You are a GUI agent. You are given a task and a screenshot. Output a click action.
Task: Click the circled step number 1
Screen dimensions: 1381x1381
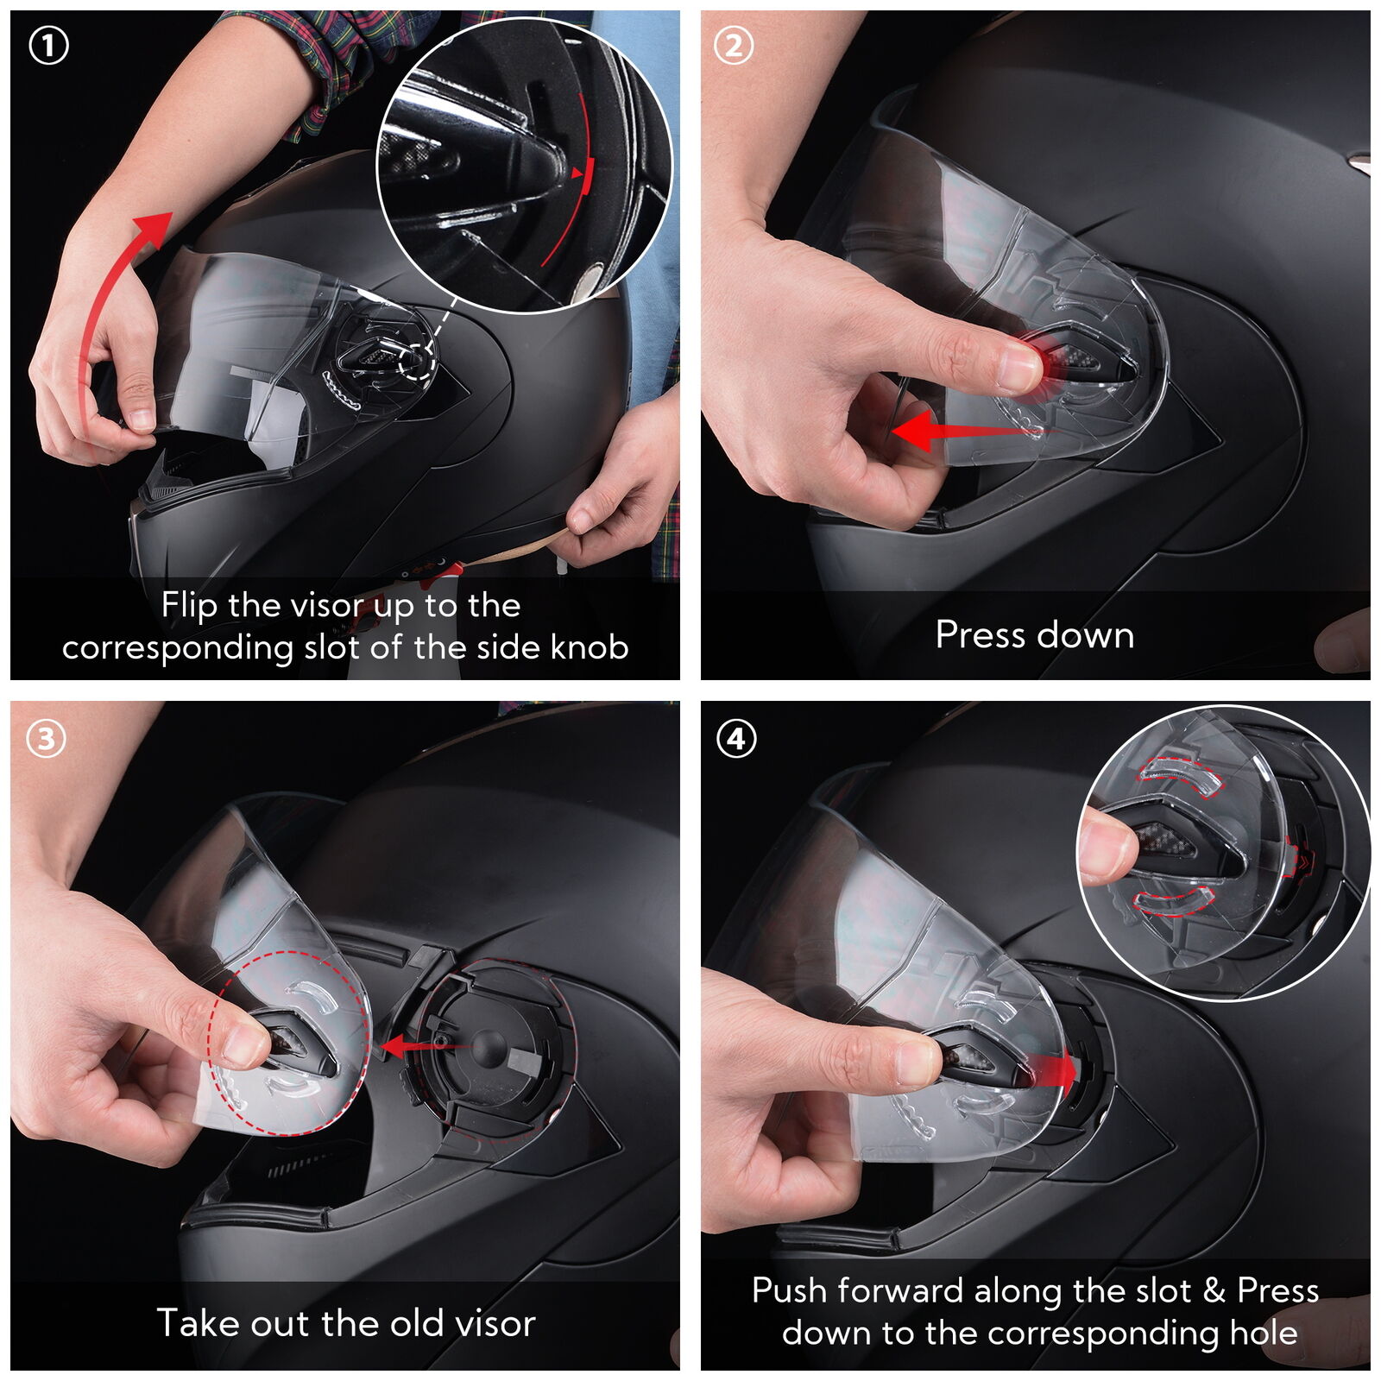[x=48, y=47]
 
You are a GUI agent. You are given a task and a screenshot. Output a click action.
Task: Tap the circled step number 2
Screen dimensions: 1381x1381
[x=734, y=47]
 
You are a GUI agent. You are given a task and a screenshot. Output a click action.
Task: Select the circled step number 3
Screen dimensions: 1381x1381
[x=47, y=738]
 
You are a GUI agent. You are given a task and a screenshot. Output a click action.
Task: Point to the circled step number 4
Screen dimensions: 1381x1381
[x=736, y=739]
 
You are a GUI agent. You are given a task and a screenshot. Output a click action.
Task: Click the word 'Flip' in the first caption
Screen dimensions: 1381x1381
[x=189, y=606]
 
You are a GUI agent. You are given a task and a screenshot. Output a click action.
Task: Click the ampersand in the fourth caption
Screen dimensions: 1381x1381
[x=1214, y=1291]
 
